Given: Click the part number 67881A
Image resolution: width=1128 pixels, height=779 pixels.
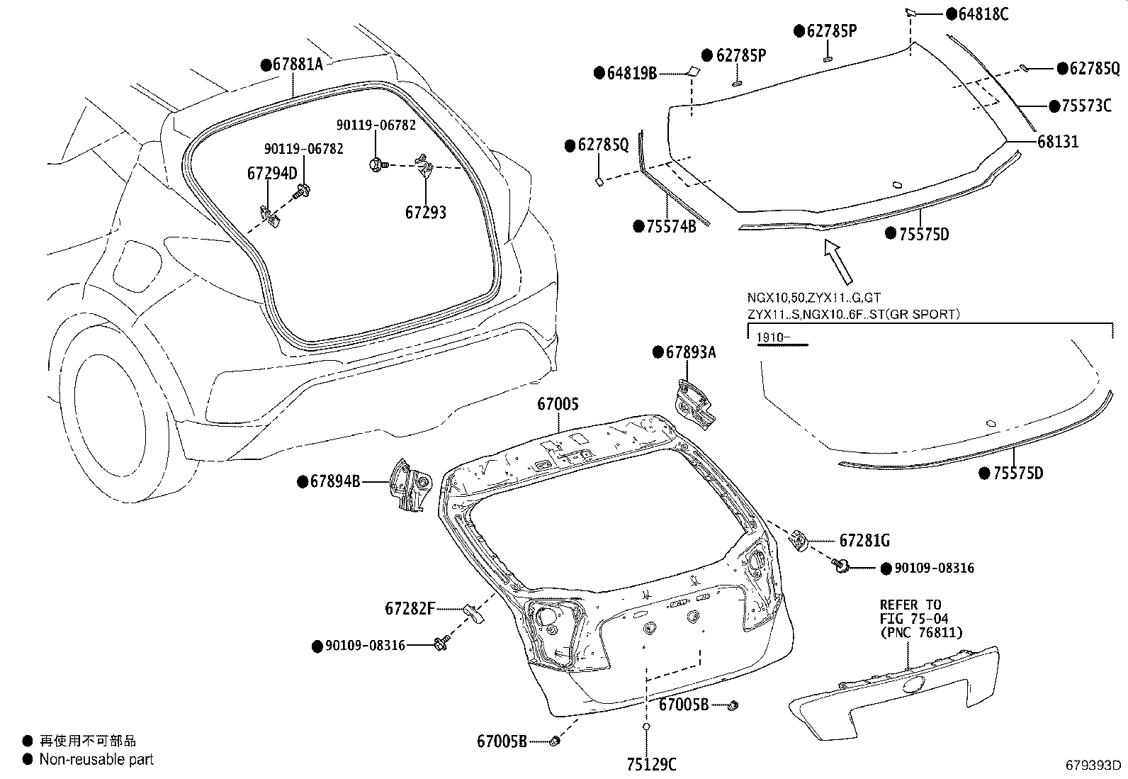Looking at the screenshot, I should click(297, 65).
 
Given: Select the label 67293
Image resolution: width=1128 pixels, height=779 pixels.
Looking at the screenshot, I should click(426, 212).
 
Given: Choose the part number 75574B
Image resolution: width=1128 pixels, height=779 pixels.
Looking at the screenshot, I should click(670, 226).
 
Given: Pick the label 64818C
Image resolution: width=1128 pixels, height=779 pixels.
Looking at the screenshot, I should click(982, 14).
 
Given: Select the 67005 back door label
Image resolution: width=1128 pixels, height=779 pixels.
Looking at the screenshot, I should click(558, 404).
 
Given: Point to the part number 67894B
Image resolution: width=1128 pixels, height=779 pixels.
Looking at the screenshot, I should click(335, 482).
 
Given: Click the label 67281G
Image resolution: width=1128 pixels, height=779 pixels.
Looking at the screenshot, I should click(864, 541).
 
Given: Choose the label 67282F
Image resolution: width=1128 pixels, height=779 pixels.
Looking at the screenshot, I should click(410, 608).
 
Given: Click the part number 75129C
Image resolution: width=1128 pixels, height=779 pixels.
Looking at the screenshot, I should click(651, 763).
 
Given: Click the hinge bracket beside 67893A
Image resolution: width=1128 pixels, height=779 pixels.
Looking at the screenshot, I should click(694, 404).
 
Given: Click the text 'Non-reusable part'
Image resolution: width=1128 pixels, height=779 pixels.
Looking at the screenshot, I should click(96, 759).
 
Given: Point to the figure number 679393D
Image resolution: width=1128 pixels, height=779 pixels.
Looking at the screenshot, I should click(1094, 766).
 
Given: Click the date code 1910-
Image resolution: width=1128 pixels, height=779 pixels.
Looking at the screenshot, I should click(772, 337).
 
